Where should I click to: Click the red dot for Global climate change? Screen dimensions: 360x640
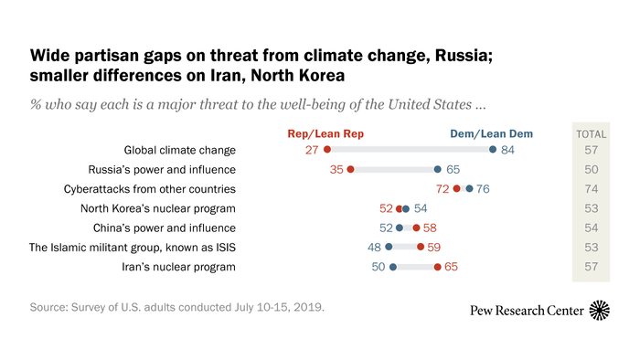point(327,150)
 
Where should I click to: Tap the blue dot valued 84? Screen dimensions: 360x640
point(493,150)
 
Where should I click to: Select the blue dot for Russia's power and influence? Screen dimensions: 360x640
point(438,169)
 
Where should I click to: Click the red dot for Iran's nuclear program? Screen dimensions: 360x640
point(438,267)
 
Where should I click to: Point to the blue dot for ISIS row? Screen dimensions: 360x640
point(389,247)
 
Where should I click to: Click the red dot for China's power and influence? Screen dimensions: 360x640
point(417,228)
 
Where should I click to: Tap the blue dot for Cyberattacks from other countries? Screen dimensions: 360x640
point(469,189)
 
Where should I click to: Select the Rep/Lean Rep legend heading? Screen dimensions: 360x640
point(326,133)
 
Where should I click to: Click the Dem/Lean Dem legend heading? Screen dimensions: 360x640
point(491,133)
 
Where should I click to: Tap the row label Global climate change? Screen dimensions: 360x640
point(180,150)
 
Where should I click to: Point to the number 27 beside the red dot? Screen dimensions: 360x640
point(310,150)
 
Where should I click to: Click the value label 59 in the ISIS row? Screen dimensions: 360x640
point(436,247)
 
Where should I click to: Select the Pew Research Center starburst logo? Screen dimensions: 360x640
point(601,311)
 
